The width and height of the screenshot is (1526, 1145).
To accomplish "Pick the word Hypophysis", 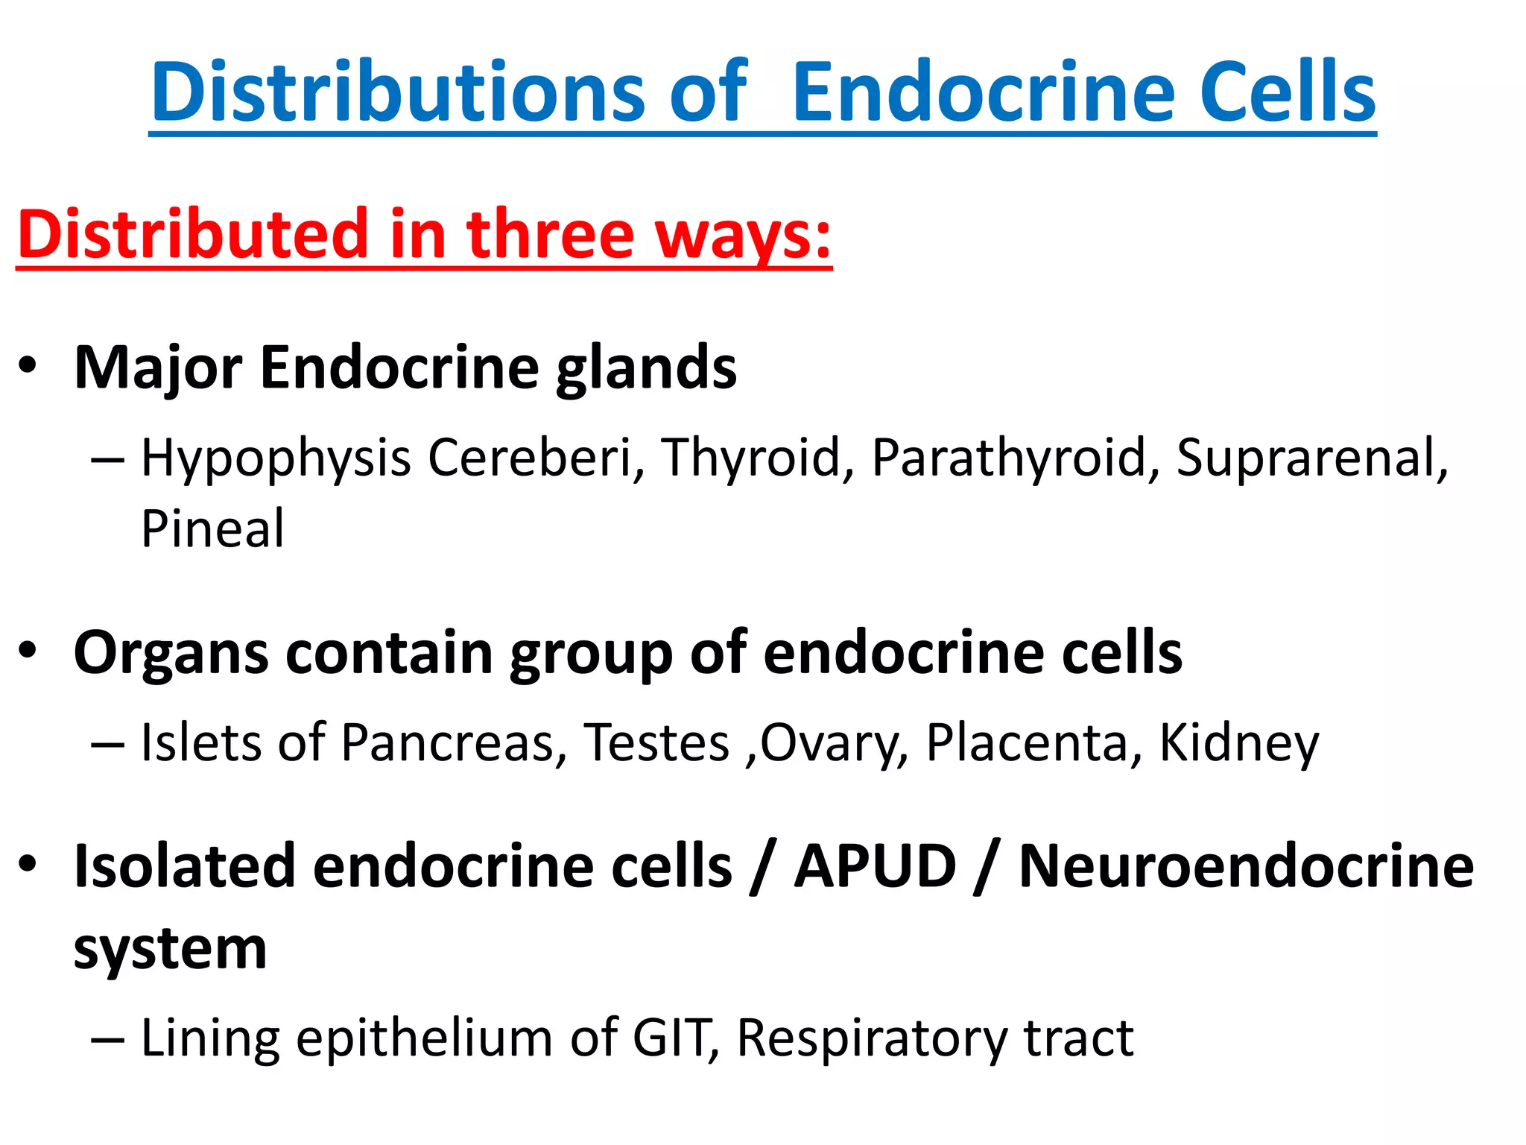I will (276, 459).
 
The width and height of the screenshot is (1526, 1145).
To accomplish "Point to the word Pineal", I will (212, 529).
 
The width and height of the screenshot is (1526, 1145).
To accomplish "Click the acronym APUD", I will (876, 866).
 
